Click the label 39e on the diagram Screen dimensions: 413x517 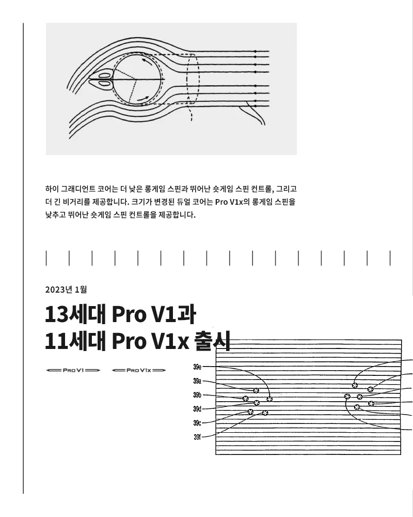coord(197,367)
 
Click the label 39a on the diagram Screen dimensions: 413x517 coord(197,381)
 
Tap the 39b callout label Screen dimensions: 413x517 coord(197,395)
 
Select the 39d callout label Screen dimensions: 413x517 coord(197,409)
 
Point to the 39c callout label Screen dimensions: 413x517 coord(197,423)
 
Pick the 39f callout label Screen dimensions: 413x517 coord(197,437)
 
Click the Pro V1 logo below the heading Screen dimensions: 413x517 coord(73,370)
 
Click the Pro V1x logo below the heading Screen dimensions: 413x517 coord(139,370)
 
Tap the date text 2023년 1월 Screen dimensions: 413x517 coord(66,290)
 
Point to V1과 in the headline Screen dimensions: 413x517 coord(173,314)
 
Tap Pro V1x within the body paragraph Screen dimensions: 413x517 coord(229,202)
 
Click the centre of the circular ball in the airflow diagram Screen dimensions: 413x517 coord(138,80)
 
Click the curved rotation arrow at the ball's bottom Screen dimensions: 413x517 coord(144,99)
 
